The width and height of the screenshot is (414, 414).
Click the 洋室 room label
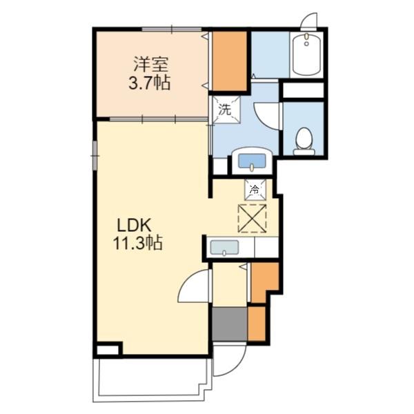tap(151, 64)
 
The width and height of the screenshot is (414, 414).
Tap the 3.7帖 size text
tap(149, 82)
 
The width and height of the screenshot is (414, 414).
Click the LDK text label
tap(134, 226)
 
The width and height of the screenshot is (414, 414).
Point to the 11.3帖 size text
tap(137, 243)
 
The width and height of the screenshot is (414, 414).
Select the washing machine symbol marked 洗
tap(226, 109)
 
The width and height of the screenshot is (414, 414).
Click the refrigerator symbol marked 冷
tap(255, 189)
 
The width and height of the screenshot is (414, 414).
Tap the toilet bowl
tap(304, 141)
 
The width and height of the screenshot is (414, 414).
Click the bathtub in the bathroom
tap(306, 55)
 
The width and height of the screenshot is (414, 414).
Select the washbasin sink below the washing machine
tap(252, 161)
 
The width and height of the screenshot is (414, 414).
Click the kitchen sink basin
tap(224, 248)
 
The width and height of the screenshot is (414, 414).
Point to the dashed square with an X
tap(252, 219)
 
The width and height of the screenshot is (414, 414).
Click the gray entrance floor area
tap(230, 324)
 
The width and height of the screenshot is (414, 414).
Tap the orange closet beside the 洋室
tap(229, 61)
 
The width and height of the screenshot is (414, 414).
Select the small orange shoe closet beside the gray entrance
tap(257, 324)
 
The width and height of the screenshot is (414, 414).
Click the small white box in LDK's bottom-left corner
tap(108, 350)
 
